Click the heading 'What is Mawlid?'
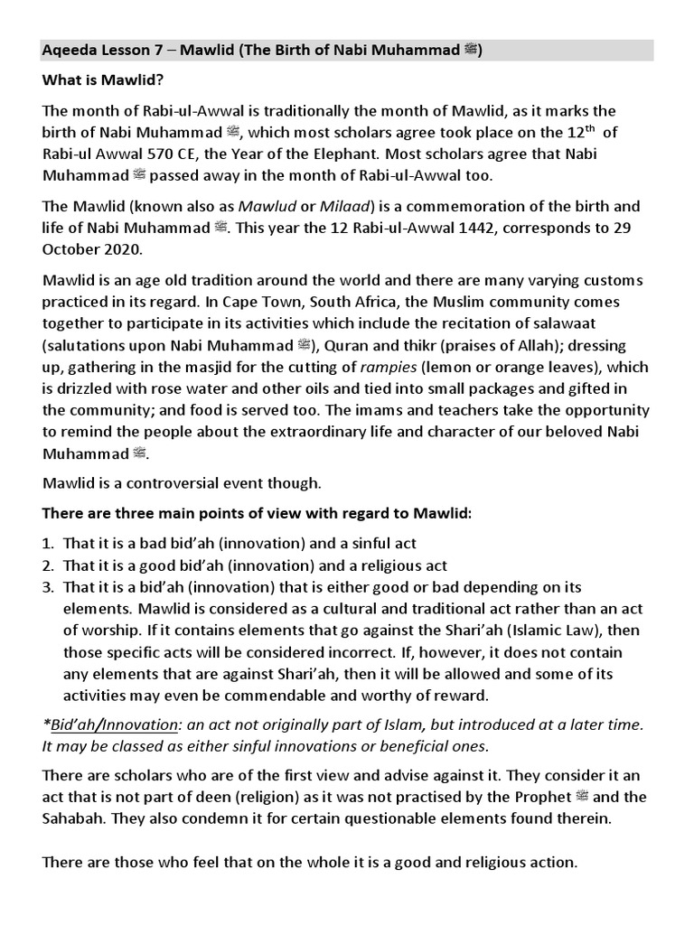point(102,80)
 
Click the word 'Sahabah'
point(73,818)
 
